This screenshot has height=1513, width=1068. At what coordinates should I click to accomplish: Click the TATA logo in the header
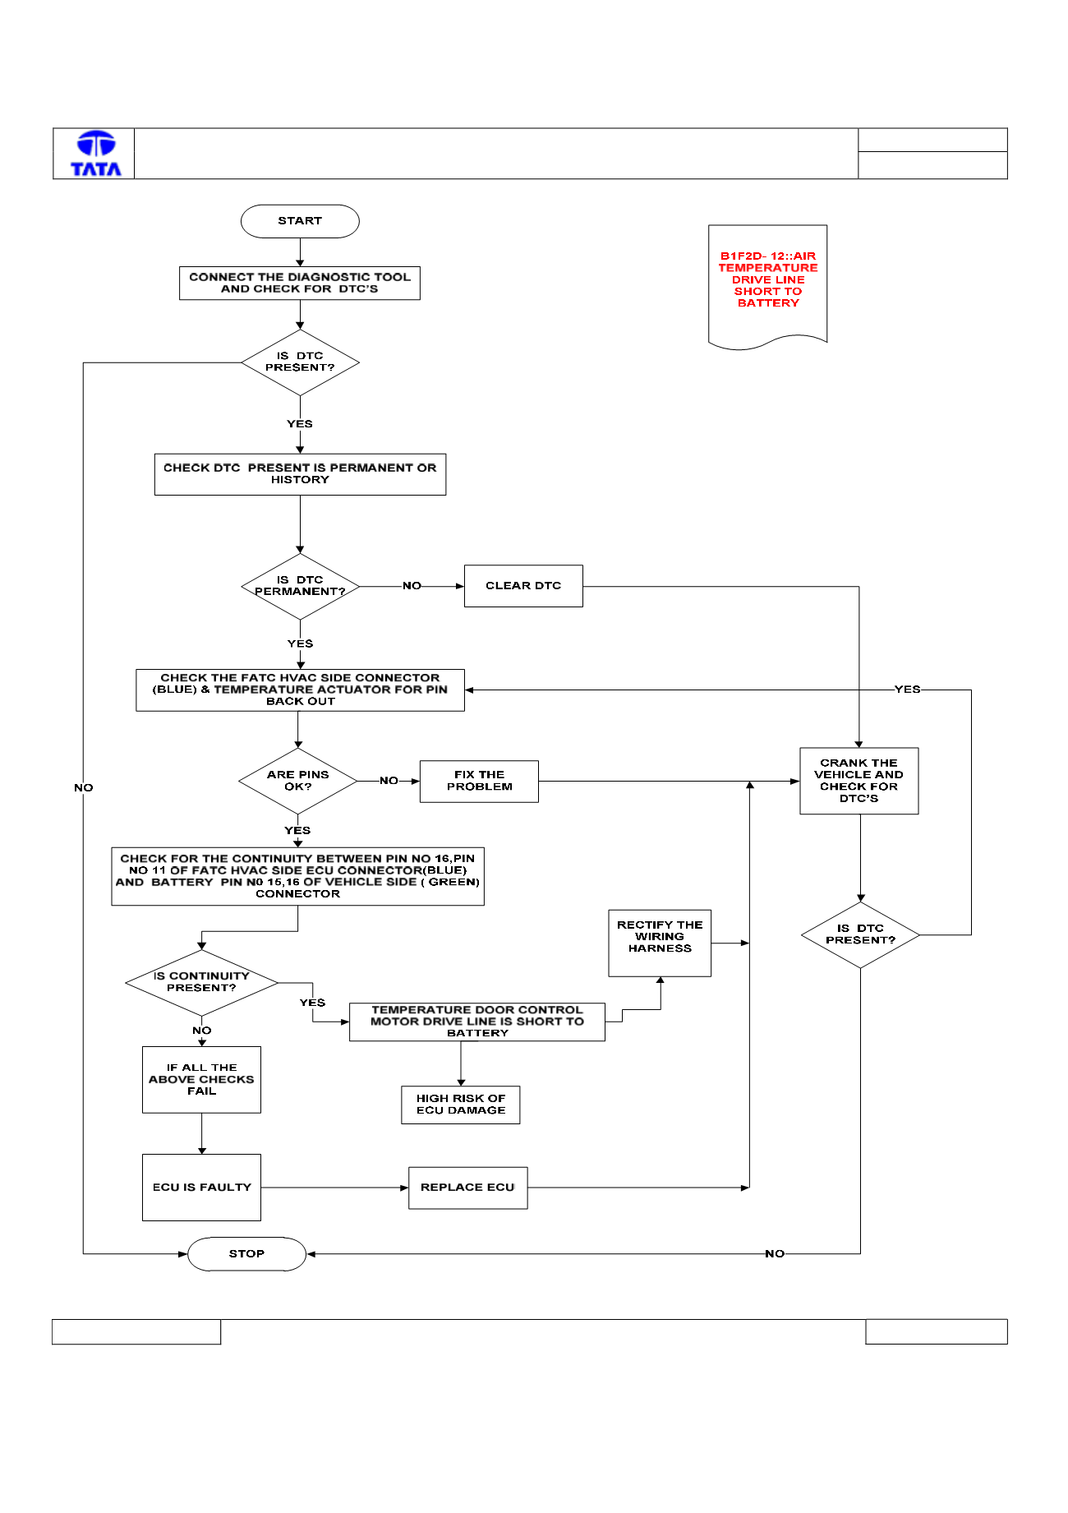[96, 154]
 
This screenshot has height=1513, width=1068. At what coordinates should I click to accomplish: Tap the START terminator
[300, 221]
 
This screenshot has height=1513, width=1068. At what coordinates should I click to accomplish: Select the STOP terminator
[246, 1254]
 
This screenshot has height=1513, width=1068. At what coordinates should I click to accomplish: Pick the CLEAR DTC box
[523, 586]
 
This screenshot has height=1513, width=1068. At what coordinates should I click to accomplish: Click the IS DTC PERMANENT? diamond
[300, 586]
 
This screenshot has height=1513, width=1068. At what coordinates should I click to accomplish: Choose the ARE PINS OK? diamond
[297, 781]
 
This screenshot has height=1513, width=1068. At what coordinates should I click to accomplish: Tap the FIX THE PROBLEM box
[479, 781]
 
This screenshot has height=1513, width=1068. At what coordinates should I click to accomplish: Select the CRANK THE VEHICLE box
[859, 781]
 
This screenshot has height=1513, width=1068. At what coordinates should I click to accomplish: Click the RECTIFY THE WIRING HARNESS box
[660, 943]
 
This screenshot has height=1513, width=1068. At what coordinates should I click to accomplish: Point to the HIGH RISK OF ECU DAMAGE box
[461, 1105]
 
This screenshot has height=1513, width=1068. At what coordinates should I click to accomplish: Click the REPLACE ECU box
[468, 1188]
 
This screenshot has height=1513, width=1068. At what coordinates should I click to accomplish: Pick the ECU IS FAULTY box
[201, 1188]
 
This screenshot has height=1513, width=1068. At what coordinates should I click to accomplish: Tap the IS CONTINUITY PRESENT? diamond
[201, 982]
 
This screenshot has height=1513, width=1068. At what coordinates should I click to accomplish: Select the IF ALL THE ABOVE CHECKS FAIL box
[201, 1080]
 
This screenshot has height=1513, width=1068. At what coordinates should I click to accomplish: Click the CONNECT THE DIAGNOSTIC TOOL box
[300, 283]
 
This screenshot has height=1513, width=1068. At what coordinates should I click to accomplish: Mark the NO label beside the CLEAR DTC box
[412, 586]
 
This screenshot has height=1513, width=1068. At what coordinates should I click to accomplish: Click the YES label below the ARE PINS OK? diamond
[297, 830]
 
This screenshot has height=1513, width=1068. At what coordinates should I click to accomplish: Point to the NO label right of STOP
[775, 1254]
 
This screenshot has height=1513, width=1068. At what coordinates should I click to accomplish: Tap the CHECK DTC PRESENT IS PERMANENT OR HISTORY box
[300, 474]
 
